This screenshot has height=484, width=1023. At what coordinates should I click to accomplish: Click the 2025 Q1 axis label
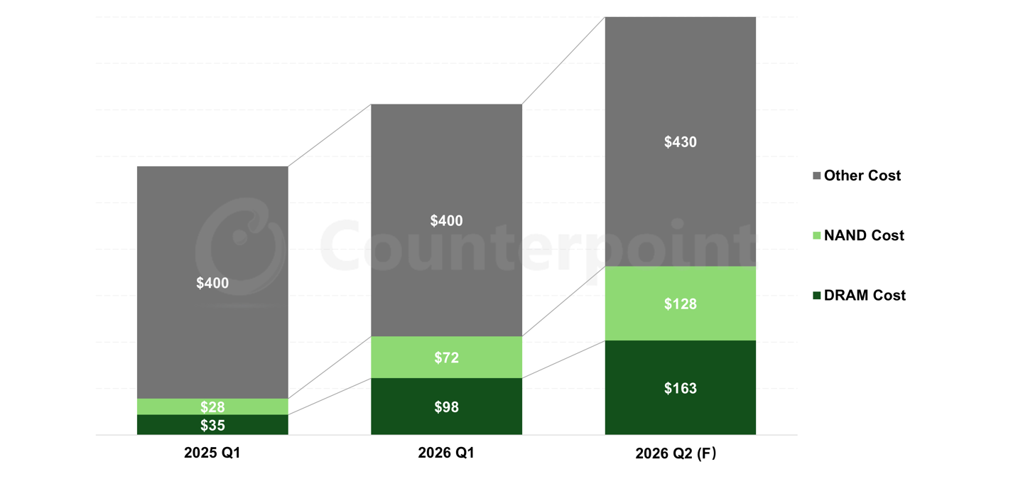(212, 453)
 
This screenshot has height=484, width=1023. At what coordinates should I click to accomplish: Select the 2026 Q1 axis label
(446, 453)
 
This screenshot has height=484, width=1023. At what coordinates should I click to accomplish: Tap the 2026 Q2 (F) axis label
(676, 453)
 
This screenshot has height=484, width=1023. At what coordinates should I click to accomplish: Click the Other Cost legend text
(862, 176)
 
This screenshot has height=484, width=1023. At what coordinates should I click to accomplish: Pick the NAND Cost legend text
(864, 235)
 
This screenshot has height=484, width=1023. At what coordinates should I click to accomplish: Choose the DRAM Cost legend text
(865, 296)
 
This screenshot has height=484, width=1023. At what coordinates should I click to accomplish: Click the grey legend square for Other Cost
(817, 176)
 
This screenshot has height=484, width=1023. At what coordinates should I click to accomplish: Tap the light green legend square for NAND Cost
(817, 235)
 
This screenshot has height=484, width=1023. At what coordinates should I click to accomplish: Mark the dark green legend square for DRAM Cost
(817, 296)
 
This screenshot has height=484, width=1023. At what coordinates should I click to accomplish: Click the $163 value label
(680, 388)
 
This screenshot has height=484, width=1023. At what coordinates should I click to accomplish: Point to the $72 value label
(446, 357)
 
